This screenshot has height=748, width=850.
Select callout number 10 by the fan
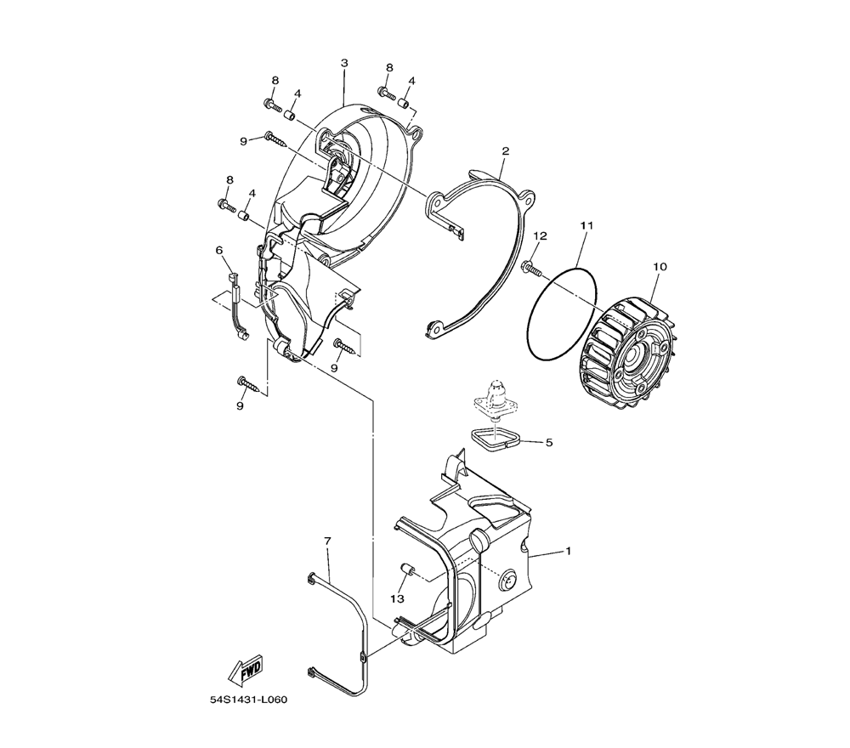pos(660,267)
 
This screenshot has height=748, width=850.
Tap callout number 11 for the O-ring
pos(587,225)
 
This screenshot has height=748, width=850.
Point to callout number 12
pos(540,235)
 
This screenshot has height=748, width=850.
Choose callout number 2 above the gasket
pos(505,150)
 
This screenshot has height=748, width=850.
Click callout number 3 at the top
pos(344,63)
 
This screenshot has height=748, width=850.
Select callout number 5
pos(548,443)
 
